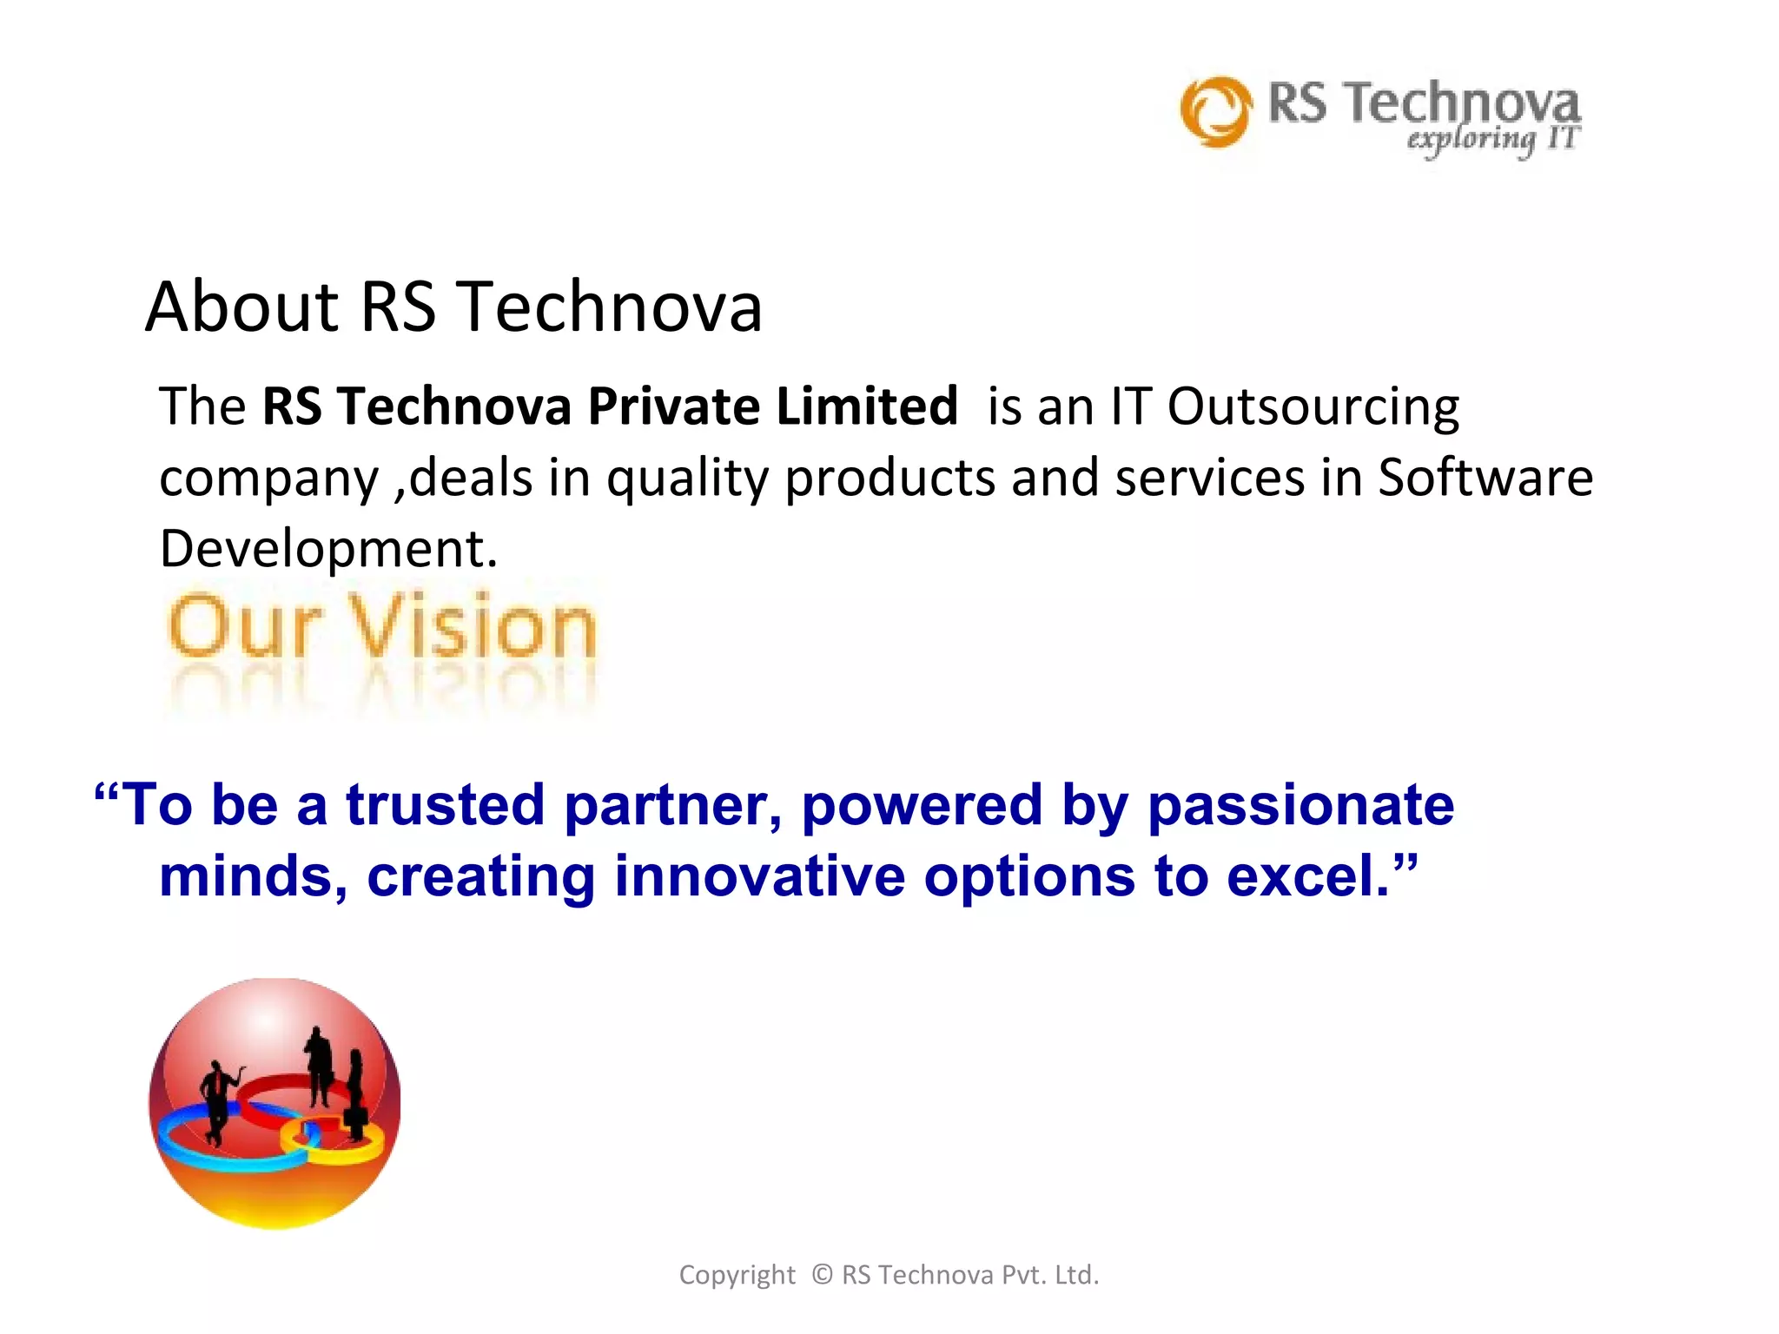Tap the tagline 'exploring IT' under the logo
[1491, 139]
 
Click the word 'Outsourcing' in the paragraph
[1313, 406]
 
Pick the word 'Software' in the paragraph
[1485, 477]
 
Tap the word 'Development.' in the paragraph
[328, 548]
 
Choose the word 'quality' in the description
[687, 479]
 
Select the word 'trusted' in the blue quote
[445, 804]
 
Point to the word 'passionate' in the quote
[1300, 806]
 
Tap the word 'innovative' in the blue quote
[759, 875]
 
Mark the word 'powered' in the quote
[921, 804]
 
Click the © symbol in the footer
[822, 1274]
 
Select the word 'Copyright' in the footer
[737, 1275]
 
